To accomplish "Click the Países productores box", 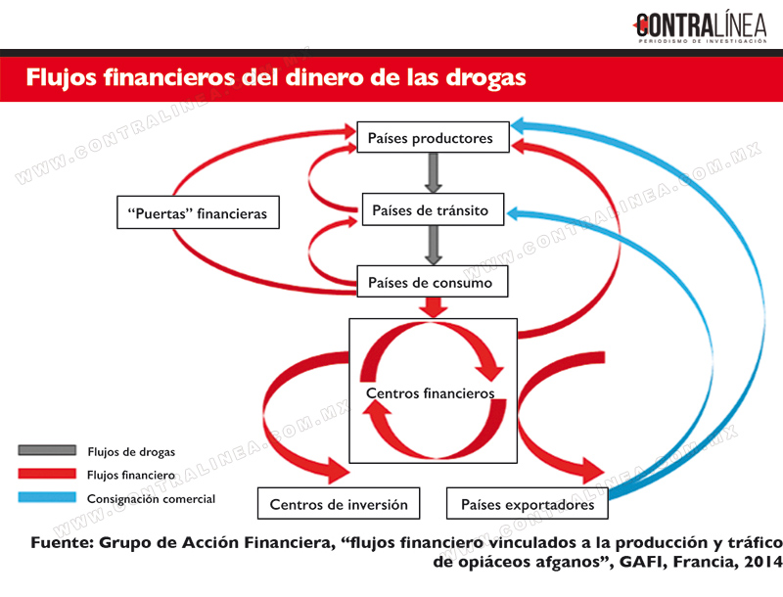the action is tap(433, 137).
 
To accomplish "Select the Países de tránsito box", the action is tap(433, 209).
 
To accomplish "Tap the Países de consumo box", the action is tap(433, 282).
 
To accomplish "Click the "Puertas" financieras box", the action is tap(199, 212).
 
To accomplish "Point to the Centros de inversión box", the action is tap(339, 504).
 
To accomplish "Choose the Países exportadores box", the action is tap(528, 504).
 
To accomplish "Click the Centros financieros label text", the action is tap(430, 393).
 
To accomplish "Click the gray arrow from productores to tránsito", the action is tap(433, 172).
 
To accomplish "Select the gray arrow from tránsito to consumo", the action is tap(433, 246).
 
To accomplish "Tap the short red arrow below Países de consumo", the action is tap(433, 307).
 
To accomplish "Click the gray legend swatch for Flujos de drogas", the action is tap(47, 450).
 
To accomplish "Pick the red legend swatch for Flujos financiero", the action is tap(47, 474).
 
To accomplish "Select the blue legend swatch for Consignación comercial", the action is tap(47, 498).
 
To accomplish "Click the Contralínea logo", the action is tap(700, 27).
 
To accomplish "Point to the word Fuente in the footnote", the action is tap(62, 542).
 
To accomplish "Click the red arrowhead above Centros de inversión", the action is tap(337, 470).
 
